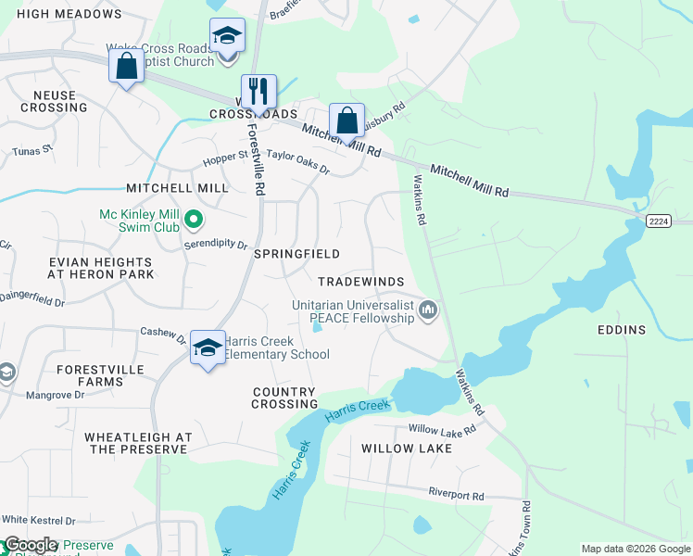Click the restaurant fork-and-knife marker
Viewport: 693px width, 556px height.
[258, 91]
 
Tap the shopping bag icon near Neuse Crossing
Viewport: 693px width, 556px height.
[126, 67]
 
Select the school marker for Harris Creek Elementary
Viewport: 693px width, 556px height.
[208, 348]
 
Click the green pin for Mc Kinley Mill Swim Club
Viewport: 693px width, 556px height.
[194, 220]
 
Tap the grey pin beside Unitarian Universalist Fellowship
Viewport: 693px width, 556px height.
[427, 310]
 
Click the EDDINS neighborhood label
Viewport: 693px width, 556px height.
[622, 330]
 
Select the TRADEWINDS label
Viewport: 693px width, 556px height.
[358, 281]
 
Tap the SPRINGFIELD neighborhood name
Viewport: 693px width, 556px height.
[296, 254]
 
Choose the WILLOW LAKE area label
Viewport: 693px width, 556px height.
[407, 449]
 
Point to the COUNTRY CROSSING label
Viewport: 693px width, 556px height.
[285, 398]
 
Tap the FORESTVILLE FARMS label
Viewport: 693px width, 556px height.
[89, 375]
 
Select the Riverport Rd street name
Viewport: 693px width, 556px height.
[456, 496]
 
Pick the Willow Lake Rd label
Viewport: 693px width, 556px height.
[442, 430]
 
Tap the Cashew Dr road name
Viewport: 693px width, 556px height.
[163, 332]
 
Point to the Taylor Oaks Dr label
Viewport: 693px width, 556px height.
[297, 161]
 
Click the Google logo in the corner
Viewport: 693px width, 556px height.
[31, 545]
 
